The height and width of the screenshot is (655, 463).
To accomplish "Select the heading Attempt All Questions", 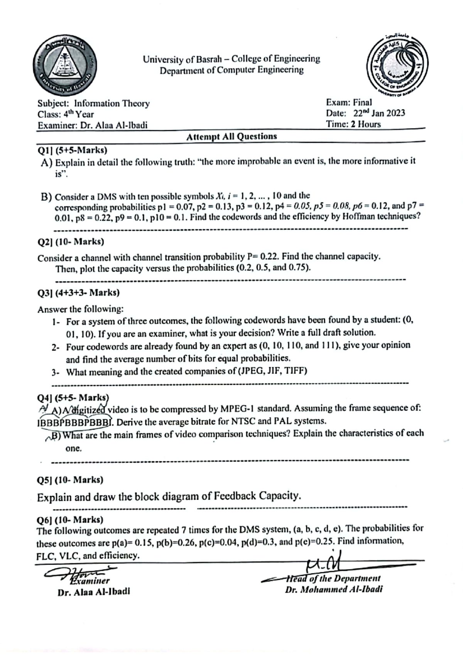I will pos(231,136).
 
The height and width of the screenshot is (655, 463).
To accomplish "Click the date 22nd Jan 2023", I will pos(379,113).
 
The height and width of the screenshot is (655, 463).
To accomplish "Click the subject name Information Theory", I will pos(112,103).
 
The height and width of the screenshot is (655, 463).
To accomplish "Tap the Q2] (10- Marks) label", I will pos(71,242).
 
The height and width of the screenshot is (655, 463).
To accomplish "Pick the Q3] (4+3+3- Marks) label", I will pos(78,292).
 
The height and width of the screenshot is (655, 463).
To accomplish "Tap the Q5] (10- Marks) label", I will pos(70,480).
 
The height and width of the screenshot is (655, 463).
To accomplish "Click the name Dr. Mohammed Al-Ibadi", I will pos(334,590).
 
